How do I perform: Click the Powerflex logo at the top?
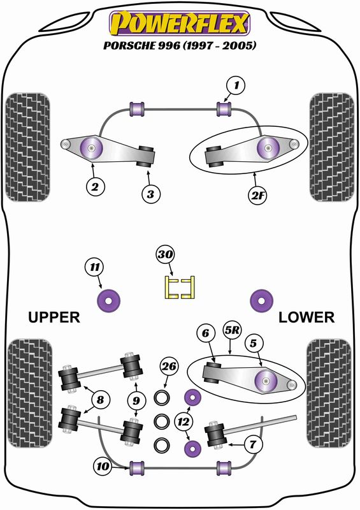180,23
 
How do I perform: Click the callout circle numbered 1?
236,85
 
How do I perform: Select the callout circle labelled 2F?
257,195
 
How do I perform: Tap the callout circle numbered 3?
150,194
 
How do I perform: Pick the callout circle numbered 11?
94,267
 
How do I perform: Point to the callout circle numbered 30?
165,254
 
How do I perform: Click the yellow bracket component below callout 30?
180,288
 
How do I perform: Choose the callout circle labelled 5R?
231,330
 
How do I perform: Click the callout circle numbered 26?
169,367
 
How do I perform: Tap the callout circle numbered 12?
184,422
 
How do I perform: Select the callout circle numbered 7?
253,444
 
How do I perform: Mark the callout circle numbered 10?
103,467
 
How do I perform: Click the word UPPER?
54,317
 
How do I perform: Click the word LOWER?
306,317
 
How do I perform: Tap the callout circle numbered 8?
100,400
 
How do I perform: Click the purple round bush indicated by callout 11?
108,300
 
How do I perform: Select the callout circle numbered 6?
206,333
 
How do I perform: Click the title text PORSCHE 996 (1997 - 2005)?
180,45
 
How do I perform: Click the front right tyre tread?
332,147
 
